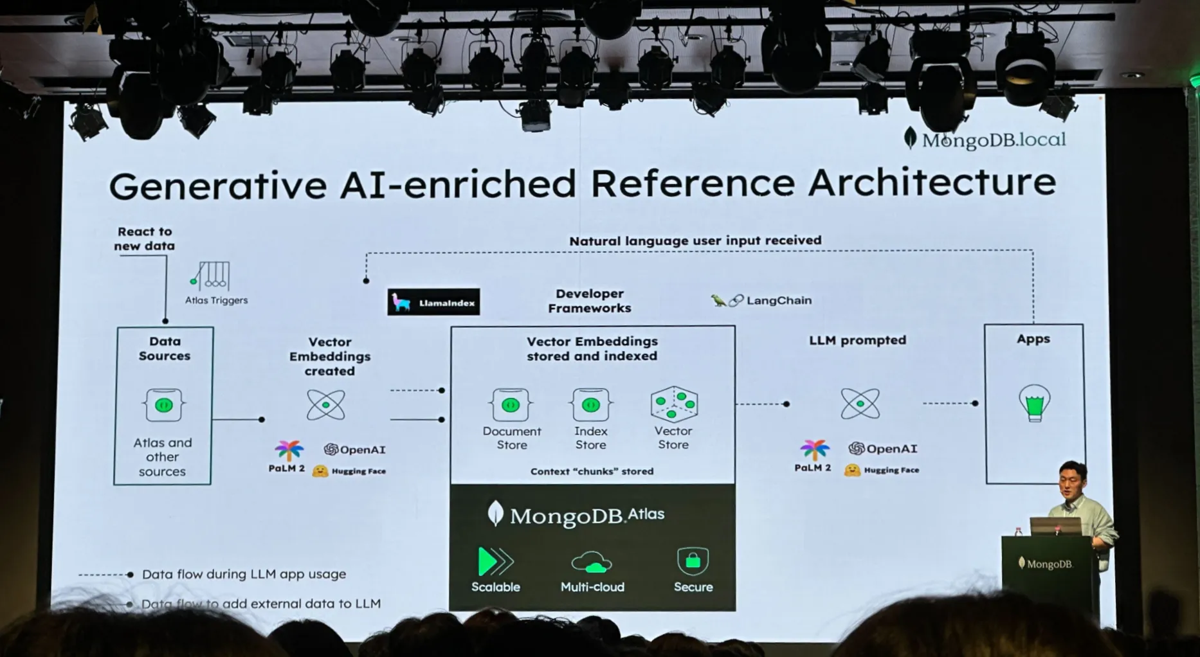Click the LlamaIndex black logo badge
[433, 302]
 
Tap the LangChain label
[778, 300]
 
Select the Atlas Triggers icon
[211, 276]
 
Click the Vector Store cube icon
[674, 404]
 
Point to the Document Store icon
[511, 405]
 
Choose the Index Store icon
[590, 405]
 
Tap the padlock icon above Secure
[693, 561]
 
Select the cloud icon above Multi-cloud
[592, 562]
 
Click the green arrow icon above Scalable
[495, 562]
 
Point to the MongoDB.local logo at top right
[985, 139]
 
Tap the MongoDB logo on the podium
[1046, 564]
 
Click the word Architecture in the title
[932, 183]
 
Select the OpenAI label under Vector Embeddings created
[355, 449]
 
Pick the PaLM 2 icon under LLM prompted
[815, 450]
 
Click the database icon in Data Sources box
[164, 405]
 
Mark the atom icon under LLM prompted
[860, 404]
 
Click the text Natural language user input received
[695, 240]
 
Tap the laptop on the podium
[1055, 526]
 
